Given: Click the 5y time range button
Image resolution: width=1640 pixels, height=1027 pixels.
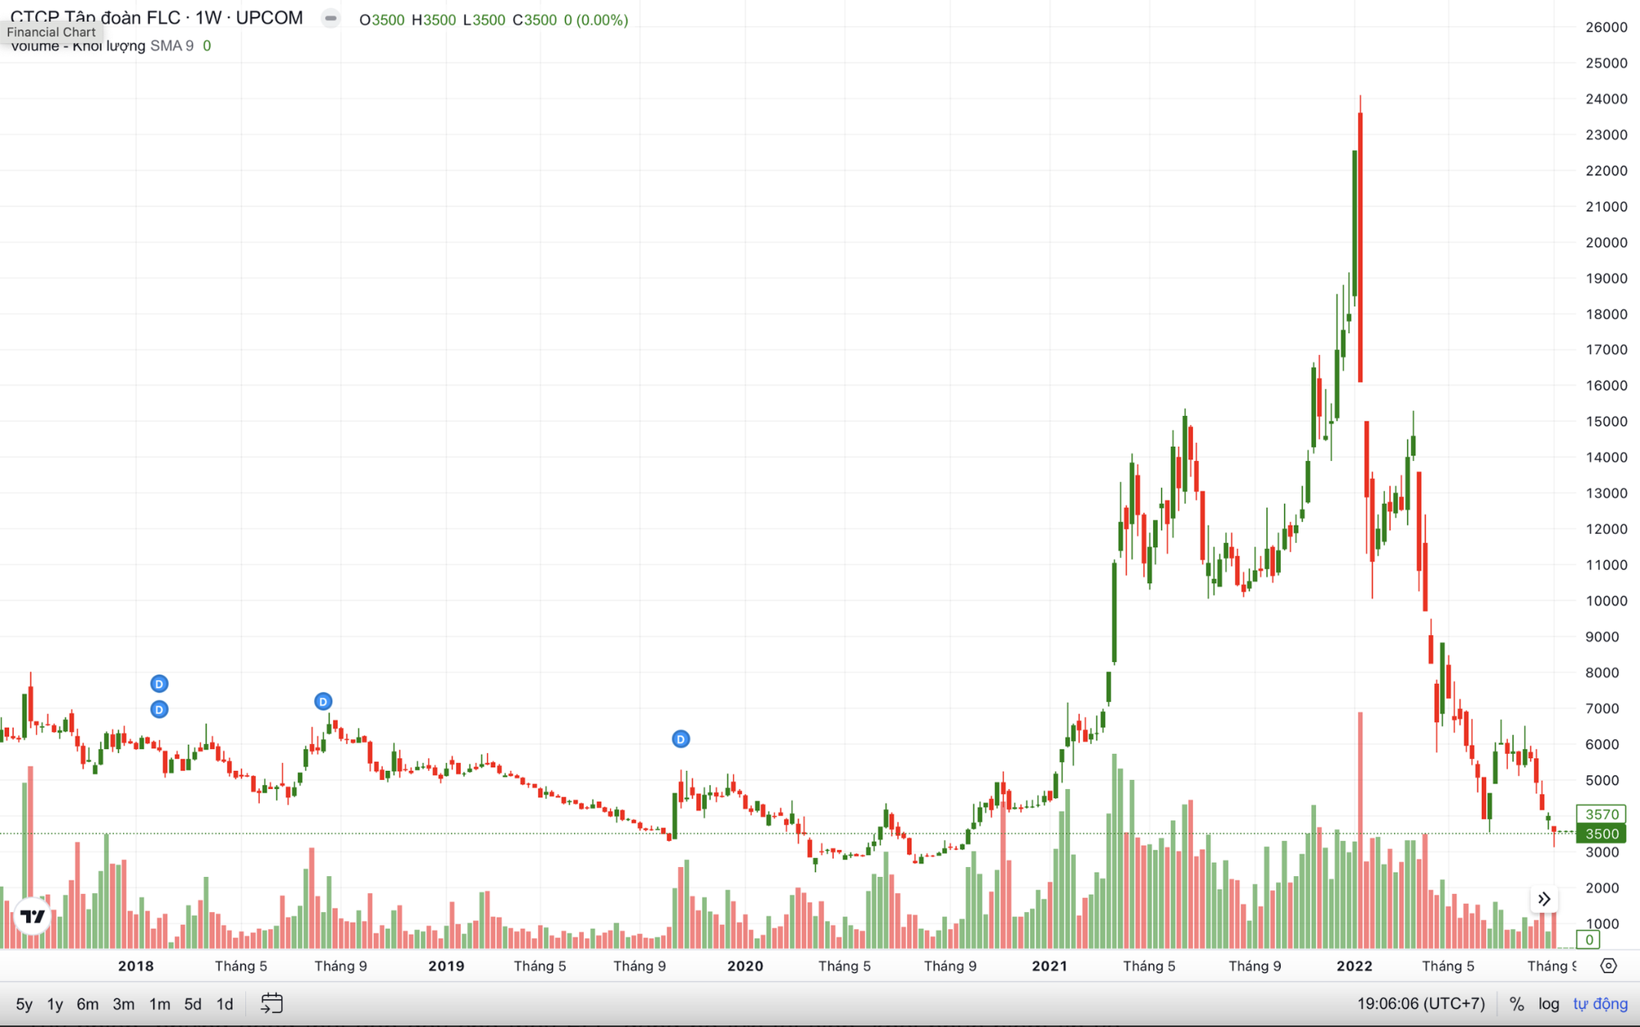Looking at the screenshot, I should pyautogui.click(x=24, y=1004).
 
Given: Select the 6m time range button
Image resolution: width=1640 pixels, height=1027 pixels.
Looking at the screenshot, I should pyautogui.click(x=88, y=1004).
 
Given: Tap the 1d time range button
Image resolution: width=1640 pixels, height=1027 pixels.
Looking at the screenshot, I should pyautogui.click(x=225, y=1004).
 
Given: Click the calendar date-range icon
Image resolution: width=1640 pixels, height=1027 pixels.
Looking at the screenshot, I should pyautogui.click(x=271, y=1003).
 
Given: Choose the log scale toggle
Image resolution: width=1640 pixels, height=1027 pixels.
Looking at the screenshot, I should pyautogui.click(x=1548, y=1004).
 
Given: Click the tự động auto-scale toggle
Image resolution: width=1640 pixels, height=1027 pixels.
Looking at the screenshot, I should pyautogui.click(x=1600, y=1004).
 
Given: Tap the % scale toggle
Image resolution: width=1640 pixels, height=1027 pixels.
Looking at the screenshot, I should pyautogui.click(x=1516, y=1004).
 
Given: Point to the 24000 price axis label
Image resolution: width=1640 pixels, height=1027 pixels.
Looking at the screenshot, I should pyautogui.click(x=1606, y=99).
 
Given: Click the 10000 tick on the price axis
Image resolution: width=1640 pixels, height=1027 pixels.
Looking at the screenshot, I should pyautogui.click(x=1606, y=601).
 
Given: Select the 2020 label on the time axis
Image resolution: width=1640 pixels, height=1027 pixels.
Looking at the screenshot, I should pyautogui.click(x=745, y=966).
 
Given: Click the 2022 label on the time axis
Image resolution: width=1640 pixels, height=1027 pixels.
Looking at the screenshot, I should pyautogui.click(x=1354, y=966).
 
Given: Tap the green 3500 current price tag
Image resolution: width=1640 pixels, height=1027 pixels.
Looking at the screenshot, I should pyautogui.click(x=1601, y=834).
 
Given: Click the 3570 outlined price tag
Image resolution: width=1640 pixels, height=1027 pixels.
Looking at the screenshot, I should pyautogui.click(x=1601, y=815).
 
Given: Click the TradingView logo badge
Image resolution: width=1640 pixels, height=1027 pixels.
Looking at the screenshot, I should pyautogui.click(x=33, y=916).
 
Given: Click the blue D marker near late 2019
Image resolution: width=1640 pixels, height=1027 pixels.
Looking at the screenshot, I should pyautogui.click(x=681, y=739).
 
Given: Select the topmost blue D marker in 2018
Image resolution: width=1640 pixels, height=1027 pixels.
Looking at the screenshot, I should pyautogui.click(x=159, y=683).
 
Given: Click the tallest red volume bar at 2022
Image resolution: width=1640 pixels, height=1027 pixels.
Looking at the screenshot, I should pyautogui.click(x=1360, y=828).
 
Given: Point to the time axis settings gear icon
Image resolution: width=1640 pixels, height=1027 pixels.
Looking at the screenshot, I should pyautogui.click(x=1609, y=965).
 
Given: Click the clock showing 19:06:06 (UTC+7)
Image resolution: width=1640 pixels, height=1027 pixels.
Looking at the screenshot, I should pyautogui.click(x=1420, y=1004).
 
